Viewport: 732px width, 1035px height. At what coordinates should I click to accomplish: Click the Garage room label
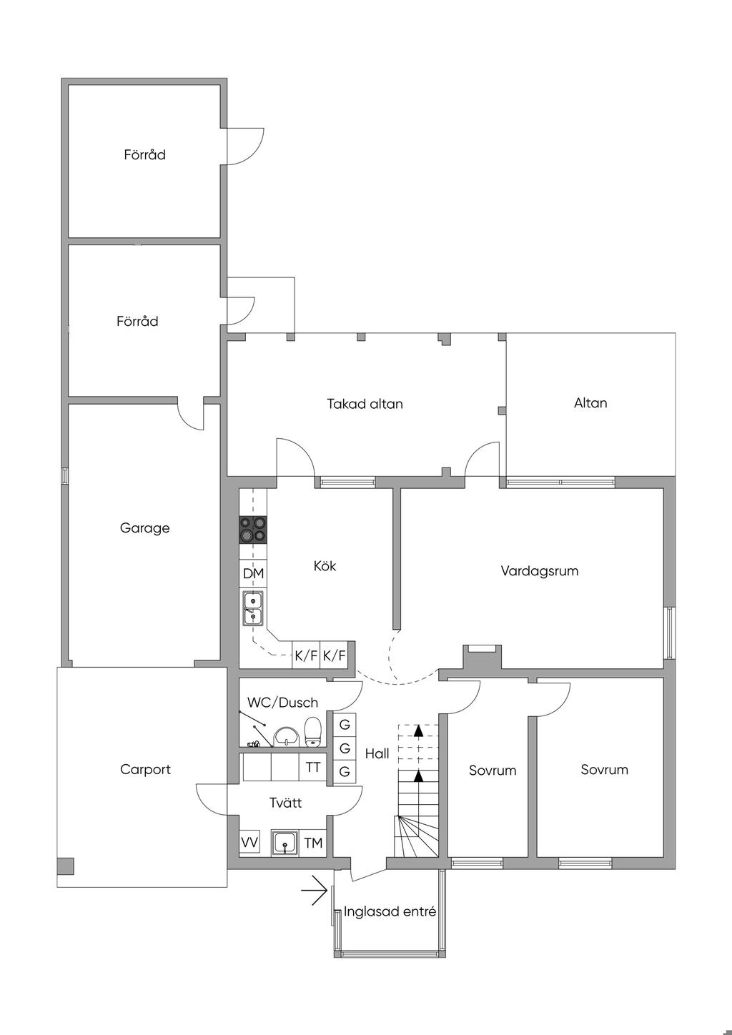(144, 528)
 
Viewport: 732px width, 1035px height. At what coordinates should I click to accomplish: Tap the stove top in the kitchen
(252, 528)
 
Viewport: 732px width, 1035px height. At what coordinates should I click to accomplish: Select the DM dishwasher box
(253, 573)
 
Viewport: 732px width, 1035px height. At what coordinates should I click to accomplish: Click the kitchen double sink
(252, 608)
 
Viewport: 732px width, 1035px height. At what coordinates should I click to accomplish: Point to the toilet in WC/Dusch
(312, 731)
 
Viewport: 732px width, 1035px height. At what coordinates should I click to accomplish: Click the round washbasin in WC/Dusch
(286, 736)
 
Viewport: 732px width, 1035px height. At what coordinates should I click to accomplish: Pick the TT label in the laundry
(313, 768)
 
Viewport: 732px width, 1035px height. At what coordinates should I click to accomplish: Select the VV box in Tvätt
(249, 843)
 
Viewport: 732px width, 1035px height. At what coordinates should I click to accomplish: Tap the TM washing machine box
(313, 843)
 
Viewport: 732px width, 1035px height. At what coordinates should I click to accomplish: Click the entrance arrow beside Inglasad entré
(314, 891)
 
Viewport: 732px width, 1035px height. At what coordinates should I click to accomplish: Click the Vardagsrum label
(539, 571)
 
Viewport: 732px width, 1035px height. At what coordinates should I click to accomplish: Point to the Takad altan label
(365, 404)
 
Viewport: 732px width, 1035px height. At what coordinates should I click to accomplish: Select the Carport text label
(145, 770)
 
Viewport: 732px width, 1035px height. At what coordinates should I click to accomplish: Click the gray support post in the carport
(65, 866)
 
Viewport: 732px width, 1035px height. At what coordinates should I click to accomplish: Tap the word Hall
(377, 753)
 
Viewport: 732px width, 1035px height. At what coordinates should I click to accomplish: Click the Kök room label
(325, 566)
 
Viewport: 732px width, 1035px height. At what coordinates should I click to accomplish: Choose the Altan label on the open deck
(590, 403)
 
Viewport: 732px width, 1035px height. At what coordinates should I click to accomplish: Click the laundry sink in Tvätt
(285, 843)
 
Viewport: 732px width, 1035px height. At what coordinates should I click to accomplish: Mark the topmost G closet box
(345, 724)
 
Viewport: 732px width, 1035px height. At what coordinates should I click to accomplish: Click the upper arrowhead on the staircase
(418, 731)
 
